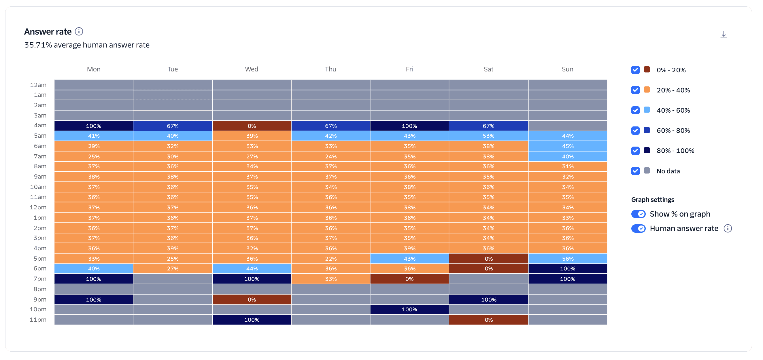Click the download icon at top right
(x=723, y=35)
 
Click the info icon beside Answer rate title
(x=79, y=31)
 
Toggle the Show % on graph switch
(x=638, y=214)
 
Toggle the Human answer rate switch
(x=638, y=229)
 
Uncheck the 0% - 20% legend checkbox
(x=635, y=70)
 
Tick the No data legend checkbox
(x=635, y=171)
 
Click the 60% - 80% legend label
(x=673, y=130)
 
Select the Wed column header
(x=252, y=69)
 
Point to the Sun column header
(x=567, y=69)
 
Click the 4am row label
(x=40, y=126)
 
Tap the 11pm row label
(x=38, y=320)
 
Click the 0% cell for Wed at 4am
(x=252, y=126)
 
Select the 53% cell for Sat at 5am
(x=488, y=136)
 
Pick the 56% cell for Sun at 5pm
(x=568, y=259)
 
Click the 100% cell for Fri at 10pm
(x=409, y=310)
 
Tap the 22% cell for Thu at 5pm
(x=330, y=259)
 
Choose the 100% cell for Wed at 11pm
(x=252, y=320)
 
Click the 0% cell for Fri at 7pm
(x=409, y=279)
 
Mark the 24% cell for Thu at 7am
(x=330, y=156)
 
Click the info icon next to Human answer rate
(x=728, y=229)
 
